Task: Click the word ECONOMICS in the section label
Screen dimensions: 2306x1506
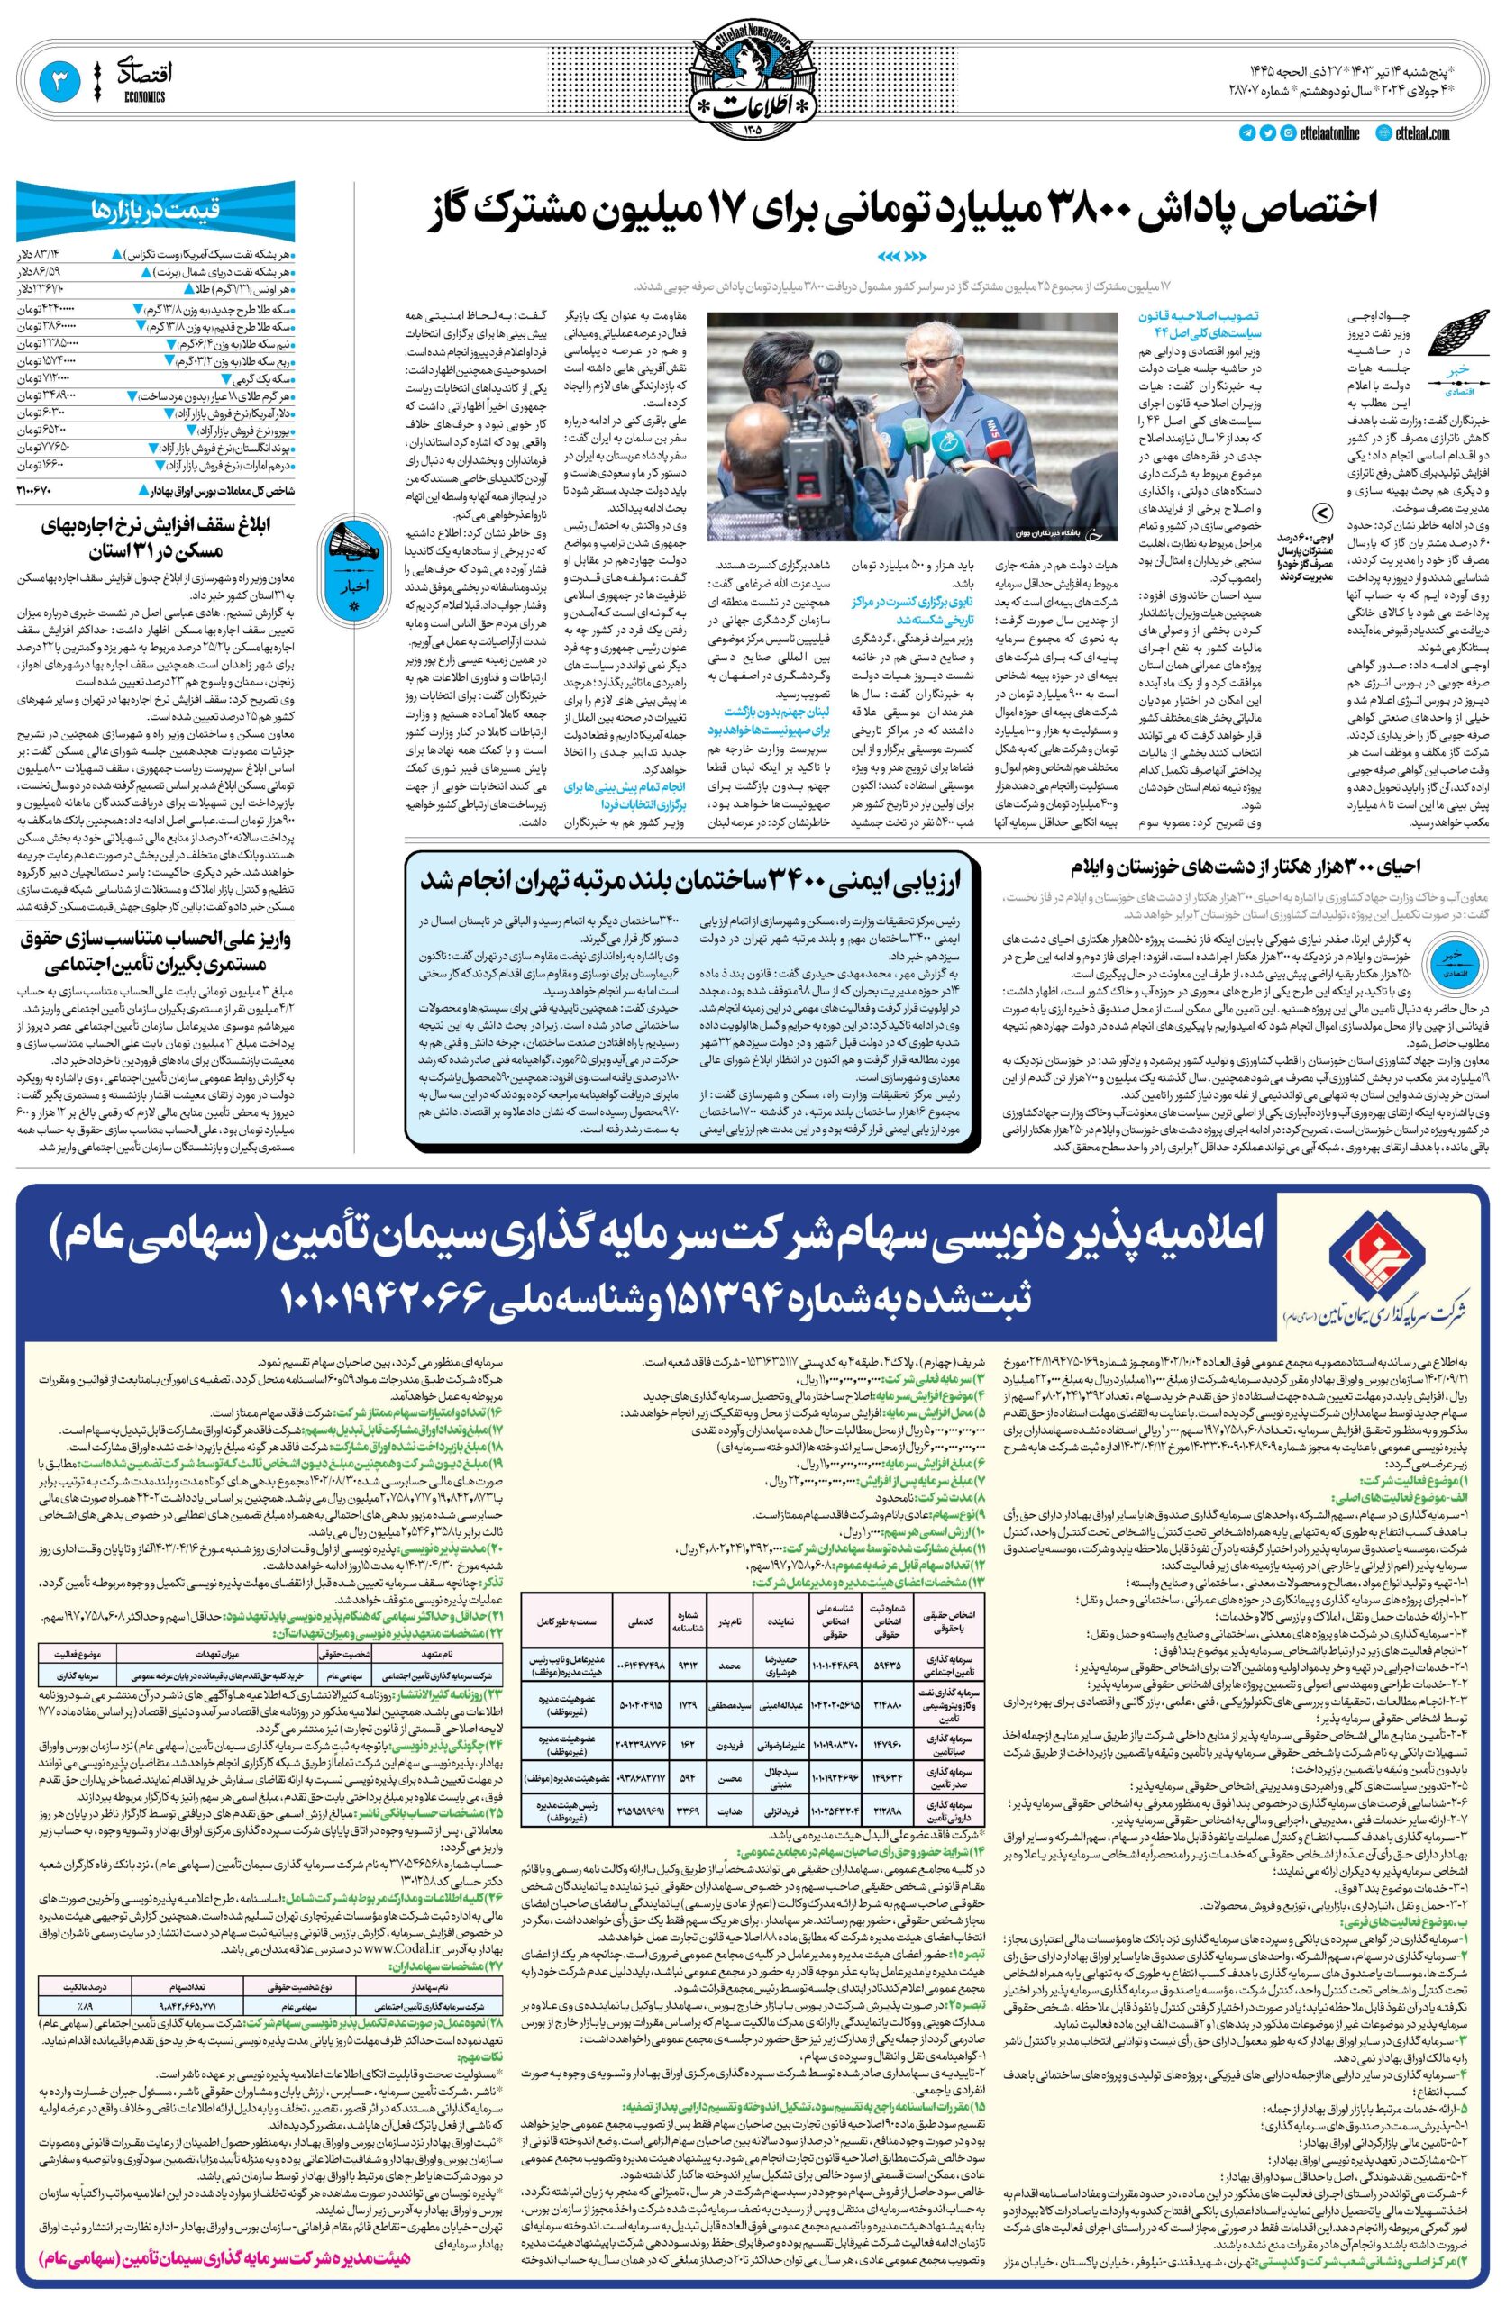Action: click(144, 97)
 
